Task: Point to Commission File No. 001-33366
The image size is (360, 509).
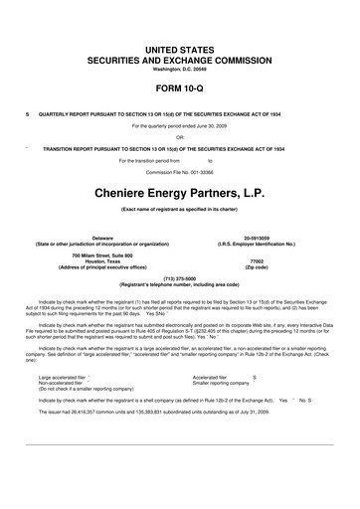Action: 180,172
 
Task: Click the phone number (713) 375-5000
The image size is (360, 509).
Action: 180,278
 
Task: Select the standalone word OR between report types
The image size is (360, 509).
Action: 180,137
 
